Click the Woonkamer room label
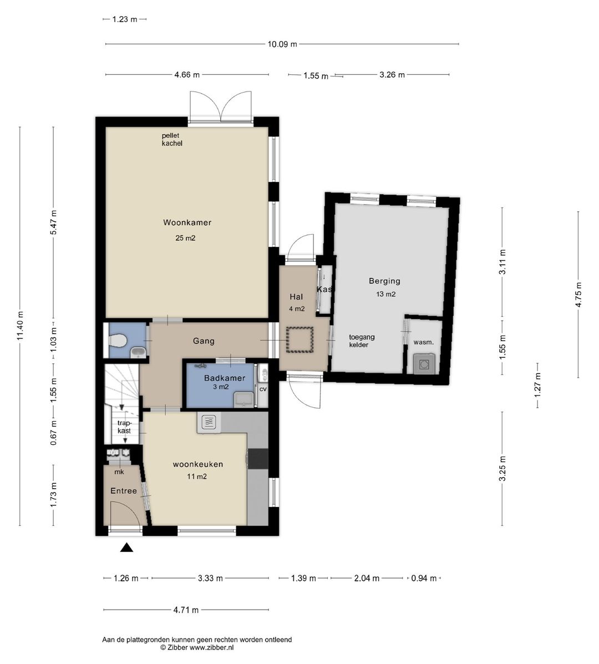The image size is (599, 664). click(x=187, y=222)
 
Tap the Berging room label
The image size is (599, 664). click(x=384, y=281)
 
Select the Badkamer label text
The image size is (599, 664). click(x=225, y=378)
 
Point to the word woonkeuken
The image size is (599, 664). click(x=197, y=464)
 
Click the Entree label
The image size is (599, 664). click(x=124, y=491)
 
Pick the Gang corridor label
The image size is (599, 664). click(x=204, y=341)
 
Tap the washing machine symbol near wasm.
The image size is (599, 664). click(x=423, y=364)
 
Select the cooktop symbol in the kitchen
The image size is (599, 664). click(x=209, y=422)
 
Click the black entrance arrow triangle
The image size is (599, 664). click(x=126, y=548)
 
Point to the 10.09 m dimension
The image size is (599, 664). click(x=282, y=44)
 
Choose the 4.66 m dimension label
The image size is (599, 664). click(x=187, y=75)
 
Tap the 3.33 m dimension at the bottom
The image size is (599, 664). click(x=210, y=578)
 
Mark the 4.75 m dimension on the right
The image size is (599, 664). click(x=578, y=295)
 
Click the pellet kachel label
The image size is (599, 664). click(x=172, y=139)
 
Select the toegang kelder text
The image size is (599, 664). click(x=362, y=341)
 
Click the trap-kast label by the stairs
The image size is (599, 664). click(x=124, y=427)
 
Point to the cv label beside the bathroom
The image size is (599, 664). click(x=263, y=389)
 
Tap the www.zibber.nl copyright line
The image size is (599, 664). click(x=197, y=647)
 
